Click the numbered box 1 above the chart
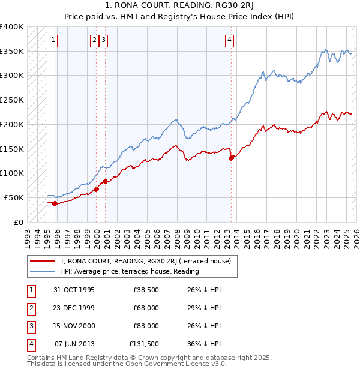pyautogui.click(x=53, y=40)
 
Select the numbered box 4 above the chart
pyautogui.click(x=229, y=40)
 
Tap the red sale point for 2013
pyautogui.click(x=231, y=158)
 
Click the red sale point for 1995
pyautogui.click(x=55, y=203)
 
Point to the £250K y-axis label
pyautogui.click(x=12, y=100)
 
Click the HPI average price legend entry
pyautogui.click(x=129, y=271)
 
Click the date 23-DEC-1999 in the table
pyautogui.click(x=74, y=308)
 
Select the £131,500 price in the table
pyautogui.click(x=143, y=344)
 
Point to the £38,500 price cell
pyautogui.click(x=146, y=290)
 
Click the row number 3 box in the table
pyautogui.click(x=30, y=326)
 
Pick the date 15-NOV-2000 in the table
pyautogui.click(x=74, y=326)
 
